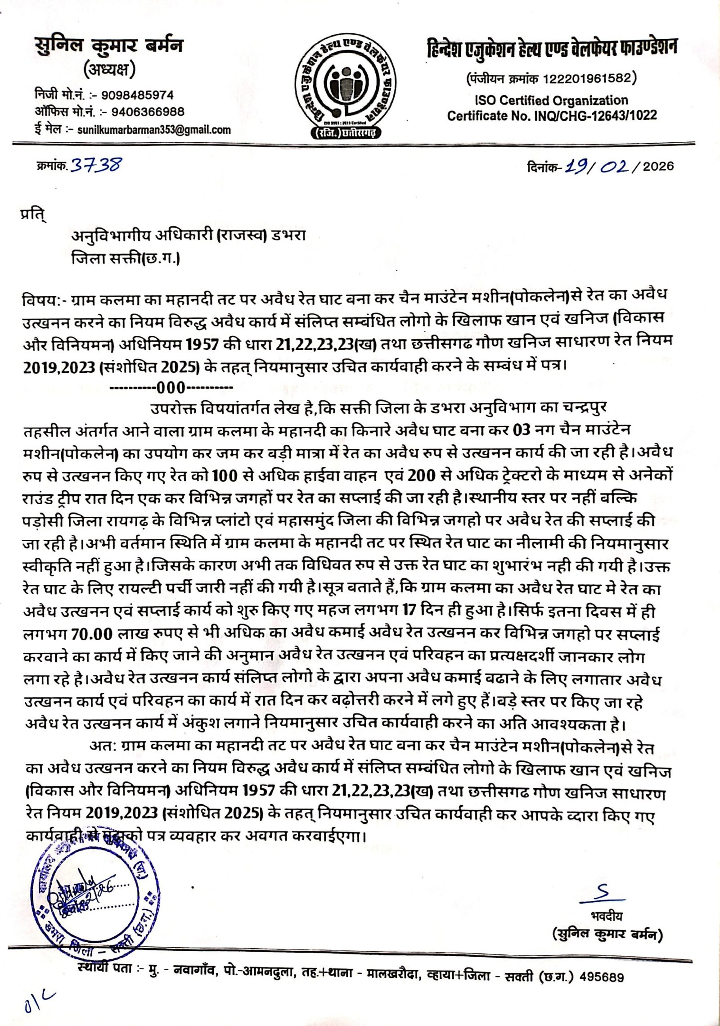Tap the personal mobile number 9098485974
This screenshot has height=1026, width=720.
click(137, 95)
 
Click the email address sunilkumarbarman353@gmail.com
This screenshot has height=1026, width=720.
click(154, 130)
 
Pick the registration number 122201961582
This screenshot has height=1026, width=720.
click(589, 79)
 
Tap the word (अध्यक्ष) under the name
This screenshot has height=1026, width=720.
click(109, 71)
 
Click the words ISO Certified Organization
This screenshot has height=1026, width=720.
click(551, 100)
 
